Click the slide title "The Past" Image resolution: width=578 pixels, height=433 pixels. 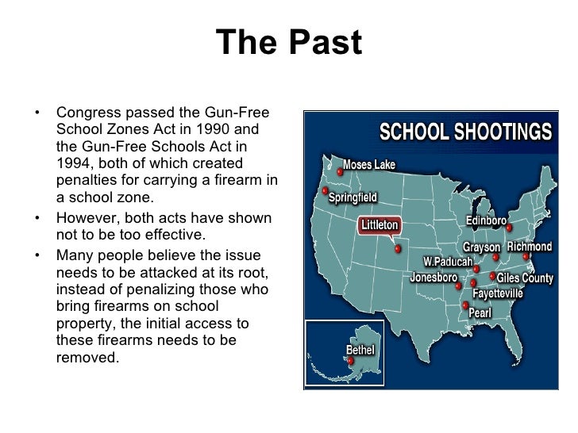[289, 44]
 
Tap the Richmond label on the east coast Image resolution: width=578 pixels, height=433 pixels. [529, 247]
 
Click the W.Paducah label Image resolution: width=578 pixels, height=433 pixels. [447, 261]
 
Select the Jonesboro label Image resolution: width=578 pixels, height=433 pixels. [433, 278]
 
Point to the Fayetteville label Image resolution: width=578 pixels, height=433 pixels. [497, 293]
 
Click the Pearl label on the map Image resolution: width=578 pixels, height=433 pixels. [480, 312]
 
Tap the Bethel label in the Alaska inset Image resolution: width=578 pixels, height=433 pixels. [360, 350]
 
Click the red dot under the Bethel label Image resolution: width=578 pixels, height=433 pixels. [350, 362]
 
